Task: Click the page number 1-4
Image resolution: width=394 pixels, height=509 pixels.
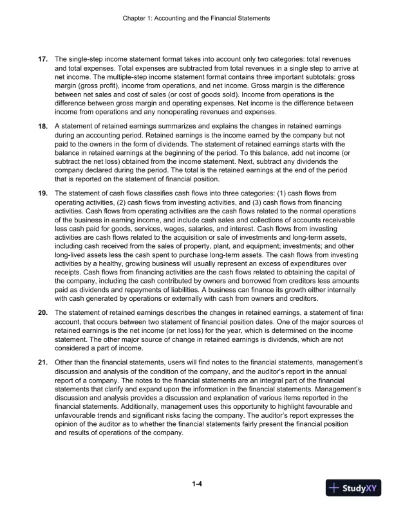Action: click(197, 483)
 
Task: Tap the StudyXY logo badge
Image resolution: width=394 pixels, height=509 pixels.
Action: click(353, 488)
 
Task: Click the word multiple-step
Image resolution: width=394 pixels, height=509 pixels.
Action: click(173, 76)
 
